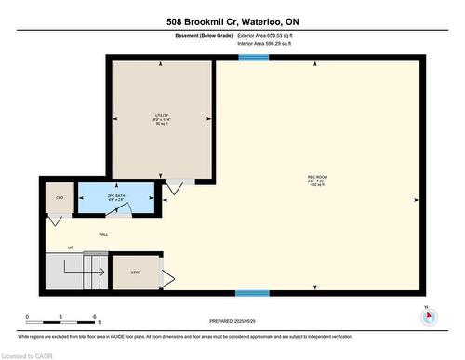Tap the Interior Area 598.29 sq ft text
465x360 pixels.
coord(272,43)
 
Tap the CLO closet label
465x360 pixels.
coord(59,198)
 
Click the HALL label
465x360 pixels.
coord(103,234)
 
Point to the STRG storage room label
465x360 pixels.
coord(135,273)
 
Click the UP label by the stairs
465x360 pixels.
coord(70,248)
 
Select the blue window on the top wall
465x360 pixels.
coord(252,59)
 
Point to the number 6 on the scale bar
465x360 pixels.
coord(96,318)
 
